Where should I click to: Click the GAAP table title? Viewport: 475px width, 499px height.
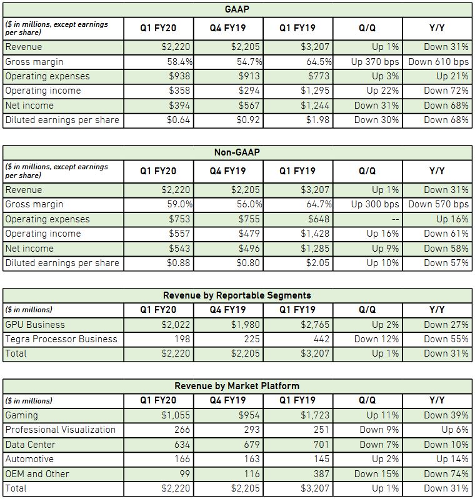coord(237,9)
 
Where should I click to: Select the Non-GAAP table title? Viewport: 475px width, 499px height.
coord(237,152)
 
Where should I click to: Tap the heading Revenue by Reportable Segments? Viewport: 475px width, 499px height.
coord(237,295)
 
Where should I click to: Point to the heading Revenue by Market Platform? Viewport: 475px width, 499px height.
coord(237,386)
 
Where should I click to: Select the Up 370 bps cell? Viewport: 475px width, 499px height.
coord(375,62)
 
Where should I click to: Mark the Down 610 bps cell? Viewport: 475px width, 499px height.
coord(438,62)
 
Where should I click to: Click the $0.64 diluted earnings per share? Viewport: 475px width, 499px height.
coord(179,120)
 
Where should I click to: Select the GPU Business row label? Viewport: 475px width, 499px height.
coord(35,325)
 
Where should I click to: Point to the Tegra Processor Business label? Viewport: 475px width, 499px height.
coord(61,339)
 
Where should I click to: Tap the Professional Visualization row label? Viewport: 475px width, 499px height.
coord(60,430)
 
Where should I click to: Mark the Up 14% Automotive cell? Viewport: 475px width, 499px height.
coord(454,459)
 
